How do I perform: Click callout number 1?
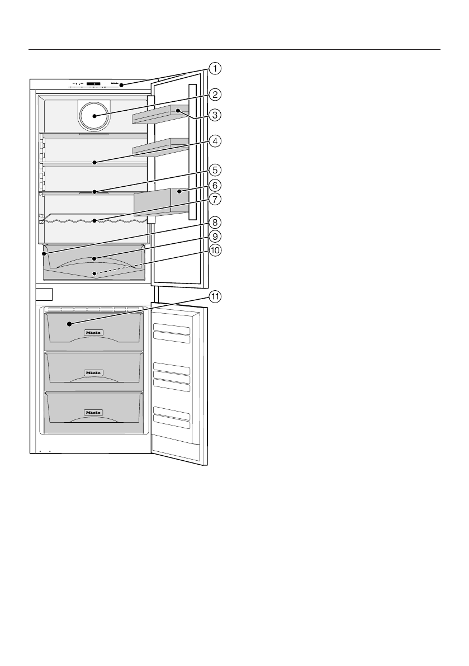(x=215, y=69)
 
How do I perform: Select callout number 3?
(x=215, y=115)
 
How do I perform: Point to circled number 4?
(x=215, y=141)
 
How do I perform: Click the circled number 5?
(x=215, y=169)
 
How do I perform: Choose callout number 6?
(x=215, y=184)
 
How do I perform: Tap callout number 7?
(x=215, y=199)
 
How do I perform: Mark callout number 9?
(x=215, y=236)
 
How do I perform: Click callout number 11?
(x=215, y=297)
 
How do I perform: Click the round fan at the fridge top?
(x=94, y=116)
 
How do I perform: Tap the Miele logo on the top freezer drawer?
(x=93, y=332)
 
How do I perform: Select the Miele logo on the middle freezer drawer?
(x=93, y=372)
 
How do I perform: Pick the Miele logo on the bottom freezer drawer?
(x=93, y=412)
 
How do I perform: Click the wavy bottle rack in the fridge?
(x=94, y=221)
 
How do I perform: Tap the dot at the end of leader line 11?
(x=69, y=323)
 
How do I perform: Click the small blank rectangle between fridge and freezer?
(x=44, y=294)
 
